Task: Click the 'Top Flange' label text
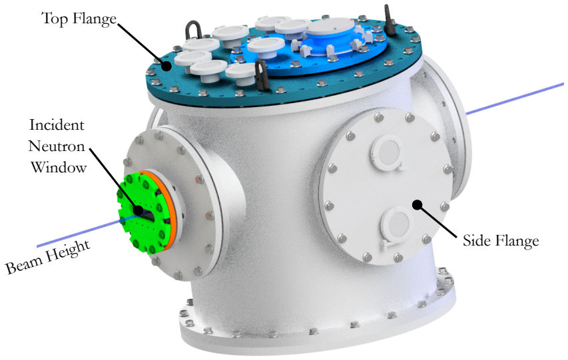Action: tap(79, 19)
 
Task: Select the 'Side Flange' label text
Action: tap(501, 241)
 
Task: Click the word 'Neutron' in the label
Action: tap(57, 146)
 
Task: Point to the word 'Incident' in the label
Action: tap(57, 125)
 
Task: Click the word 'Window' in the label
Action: tap(59, 168)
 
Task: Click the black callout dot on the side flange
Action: tap(418, 205)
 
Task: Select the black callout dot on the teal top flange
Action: tap(166, 66)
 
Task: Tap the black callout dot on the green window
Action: tap(138, 210)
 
